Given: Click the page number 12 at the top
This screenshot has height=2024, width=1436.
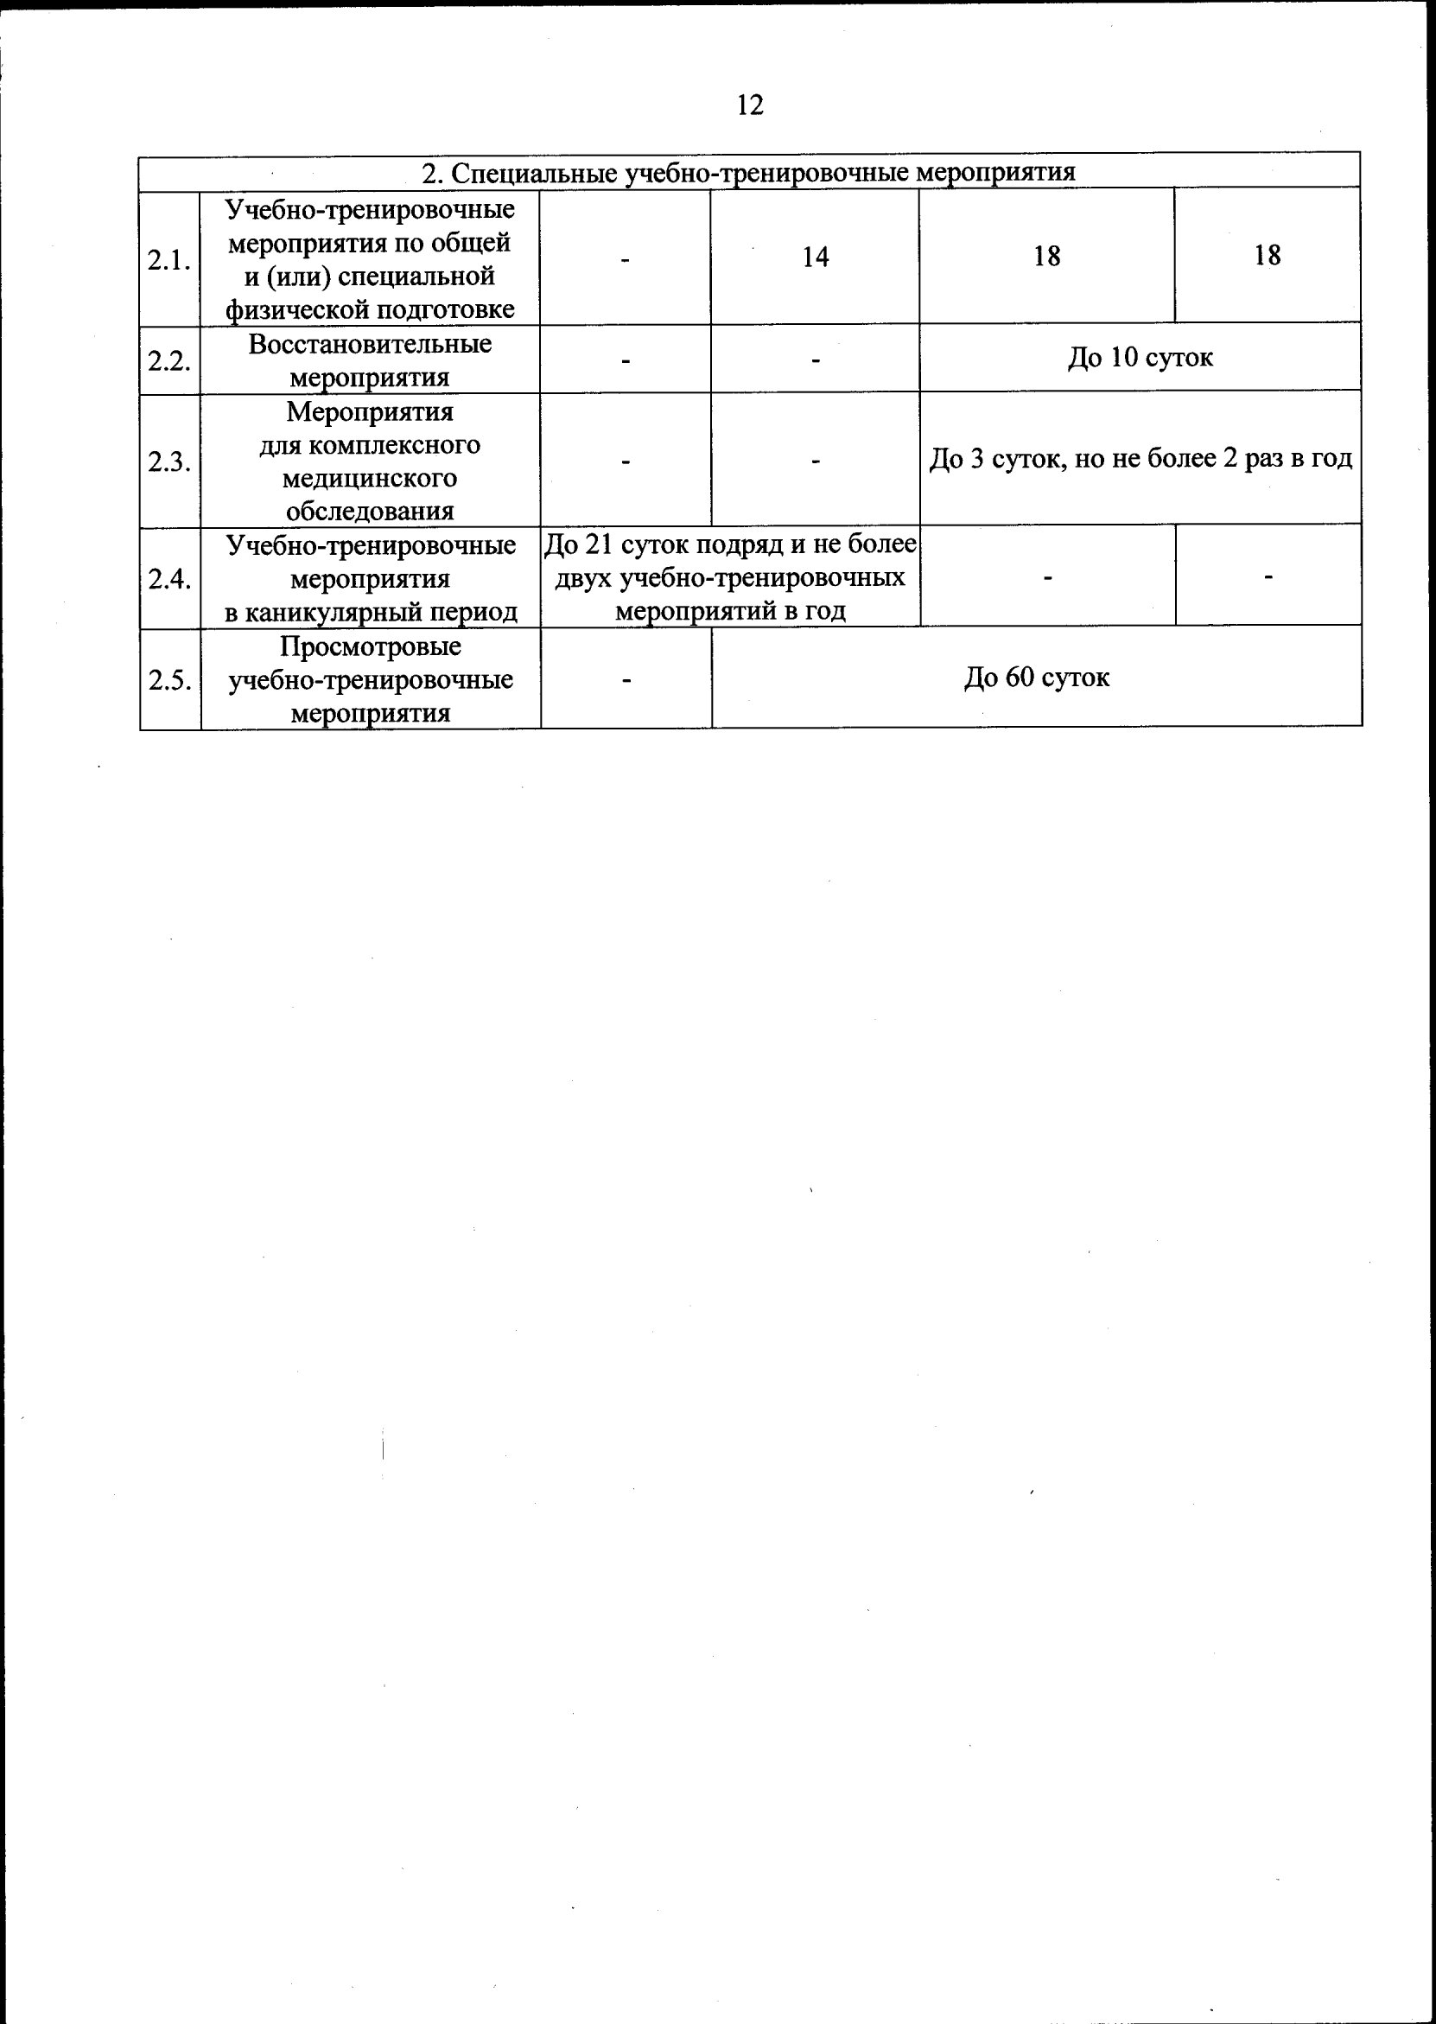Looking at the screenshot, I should (x=749, y=105).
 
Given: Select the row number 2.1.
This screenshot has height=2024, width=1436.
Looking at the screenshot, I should (x=168, y=260).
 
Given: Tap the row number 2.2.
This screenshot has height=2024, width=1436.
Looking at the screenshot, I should (x=168, y=360).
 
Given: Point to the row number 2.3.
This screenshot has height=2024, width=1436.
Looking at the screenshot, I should (x=168, y=461).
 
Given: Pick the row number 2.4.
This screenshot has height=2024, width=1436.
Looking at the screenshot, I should (x=168, y=579).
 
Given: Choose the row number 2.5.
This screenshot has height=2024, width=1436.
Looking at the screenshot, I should (x=168, y=680).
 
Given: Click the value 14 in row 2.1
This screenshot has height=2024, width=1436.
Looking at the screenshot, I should (x=815, y=258).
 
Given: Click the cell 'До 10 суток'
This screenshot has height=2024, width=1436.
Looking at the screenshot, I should (x=1140, y=357).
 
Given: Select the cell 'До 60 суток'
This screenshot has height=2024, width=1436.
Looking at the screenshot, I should (x=1036, y=678).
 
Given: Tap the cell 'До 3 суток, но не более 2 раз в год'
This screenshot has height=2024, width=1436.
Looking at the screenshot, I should (x=1140, y=459).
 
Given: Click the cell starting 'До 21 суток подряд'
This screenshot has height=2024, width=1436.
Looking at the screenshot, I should (x=730, y=577).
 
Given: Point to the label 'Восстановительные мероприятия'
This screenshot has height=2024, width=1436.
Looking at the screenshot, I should (x=370, y=360).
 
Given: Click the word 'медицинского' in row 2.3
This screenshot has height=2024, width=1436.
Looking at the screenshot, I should (x=370, y=479).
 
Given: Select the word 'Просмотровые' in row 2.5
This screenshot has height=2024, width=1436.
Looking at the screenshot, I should (x=371, y=646).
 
